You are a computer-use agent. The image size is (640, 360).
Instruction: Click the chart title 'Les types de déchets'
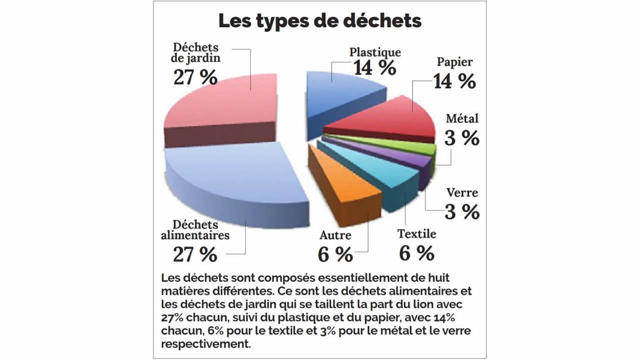point(320,21)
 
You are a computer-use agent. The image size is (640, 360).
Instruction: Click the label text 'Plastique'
point(375,51)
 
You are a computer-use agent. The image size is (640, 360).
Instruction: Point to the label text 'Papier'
point(454,62)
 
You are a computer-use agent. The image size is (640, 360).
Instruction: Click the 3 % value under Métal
point(462,138)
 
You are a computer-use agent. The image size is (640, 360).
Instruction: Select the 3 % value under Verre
point(462,212)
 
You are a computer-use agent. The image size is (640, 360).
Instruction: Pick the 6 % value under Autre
point(335,254)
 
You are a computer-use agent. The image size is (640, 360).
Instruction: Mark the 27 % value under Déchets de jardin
point(195,77)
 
